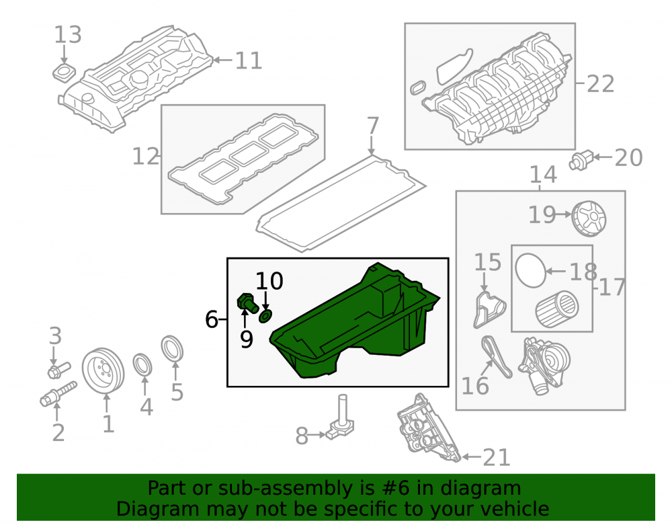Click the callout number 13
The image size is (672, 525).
68,35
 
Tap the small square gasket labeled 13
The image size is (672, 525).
64,73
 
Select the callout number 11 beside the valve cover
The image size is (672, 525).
249,60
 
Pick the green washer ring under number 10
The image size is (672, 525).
265,317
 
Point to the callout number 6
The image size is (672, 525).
211,319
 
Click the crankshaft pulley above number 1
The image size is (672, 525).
103,370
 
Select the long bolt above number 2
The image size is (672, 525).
58,395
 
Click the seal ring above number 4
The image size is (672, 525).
142,364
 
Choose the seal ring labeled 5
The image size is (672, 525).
172,349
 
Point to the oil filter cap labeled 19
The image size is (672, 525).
589,218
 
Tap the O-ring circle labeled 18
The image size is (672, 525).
531,270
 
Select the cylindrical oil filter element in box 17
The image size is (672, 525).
556,309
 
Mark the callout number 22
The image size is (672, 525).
600,83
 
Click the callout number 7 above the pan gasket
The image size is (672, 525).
373,126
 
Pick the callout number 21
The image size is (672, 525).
497,458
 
